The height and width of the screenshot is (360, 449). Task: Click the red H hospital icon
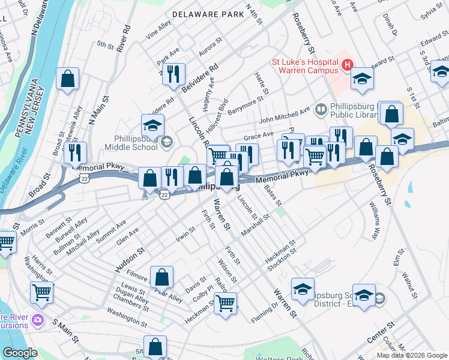(346, 65)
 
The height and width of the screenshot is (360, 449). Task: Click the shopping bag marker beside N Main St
(68, 79)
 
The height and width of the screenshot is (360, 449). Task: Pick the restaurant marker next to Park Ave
(172, 74)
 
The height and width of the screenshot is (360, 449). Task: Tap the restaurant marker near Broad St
(75, 153)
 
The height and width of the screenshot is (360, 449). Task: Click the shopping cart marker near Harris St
(41, 293)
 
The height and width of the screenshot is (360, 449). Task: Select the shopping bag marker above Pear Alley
(161, 277)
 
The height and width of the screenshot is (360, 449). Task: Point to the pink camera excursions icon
(39, 319)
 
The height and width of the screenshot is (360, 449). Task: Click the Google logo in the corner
(20, 353)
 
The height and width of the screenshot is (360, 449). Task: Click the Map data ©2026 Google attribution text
(411, 355)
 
